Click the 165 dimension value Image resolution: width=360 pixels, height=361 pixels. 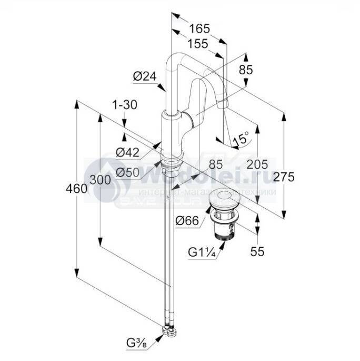point(200,27)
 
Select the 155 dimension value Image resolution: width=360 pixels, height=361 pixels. point(197,44)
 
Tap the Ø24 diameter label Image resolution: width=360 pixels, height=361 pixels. point(145,76)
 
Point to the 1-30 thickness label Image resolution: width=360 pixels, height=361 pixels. point(125,105)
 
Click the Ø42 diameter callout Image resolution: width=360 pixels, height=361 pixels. point(127,153)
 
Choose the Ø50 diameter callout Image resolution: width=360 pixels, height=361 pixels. point(127,172)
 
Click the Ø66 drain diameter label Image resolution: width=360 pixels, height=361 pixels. point(187,221)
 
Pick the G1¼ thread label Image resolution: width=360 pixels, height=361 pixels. point(202,251)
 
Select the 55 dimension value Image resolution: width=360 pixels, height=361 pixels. point(257,252)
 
